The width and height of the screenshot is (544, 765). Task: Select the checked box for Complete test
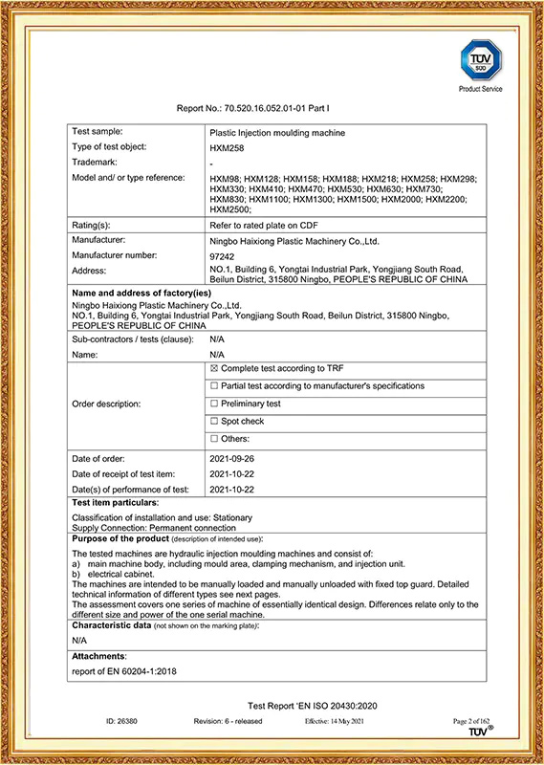click(213, 367)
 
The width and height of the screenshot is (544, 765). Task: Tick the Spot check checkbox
click(213, 421)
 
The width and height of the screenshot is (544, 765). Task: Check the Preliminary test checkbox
click(213, 404)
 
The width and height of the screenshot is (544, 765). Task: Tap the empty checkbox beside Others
click(213, 439)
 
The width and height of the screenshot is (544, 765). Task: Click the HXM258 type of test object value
click(226, 148)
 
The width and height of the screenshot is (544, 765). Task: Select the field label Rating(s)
click(94, 224)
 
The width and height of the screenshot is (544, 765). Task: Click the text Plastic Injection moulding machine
click(277, 132)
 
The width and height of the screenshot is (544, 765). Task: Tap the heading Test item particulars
click(116, 502)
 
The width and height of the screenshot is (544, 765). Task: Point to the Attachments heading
click(99, 657)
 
